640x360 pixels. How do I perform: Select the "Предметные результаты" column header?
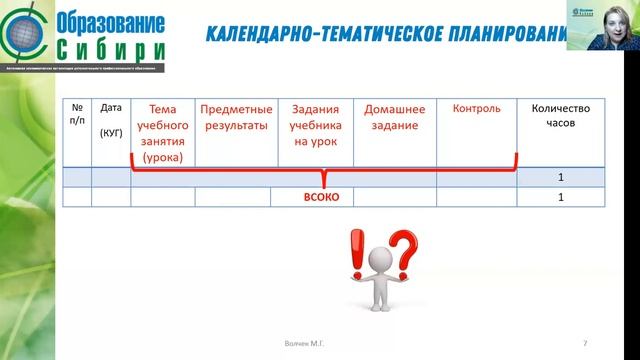233,118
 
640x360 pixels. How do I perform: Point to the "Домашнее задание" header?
394,118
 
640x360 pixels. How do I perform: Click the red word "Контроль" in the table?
476,109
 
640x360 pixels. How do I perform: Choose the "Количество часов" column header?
561,118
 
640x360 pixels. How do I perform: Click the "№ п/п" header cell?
77,118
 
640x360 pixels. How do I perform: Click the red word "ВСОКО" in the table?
322,198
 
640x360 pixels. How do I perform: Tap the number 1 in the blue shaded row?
561,177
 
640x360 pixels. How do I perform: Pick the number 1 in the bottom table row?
561,198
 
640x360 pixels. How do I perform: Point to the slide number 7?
584,343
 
